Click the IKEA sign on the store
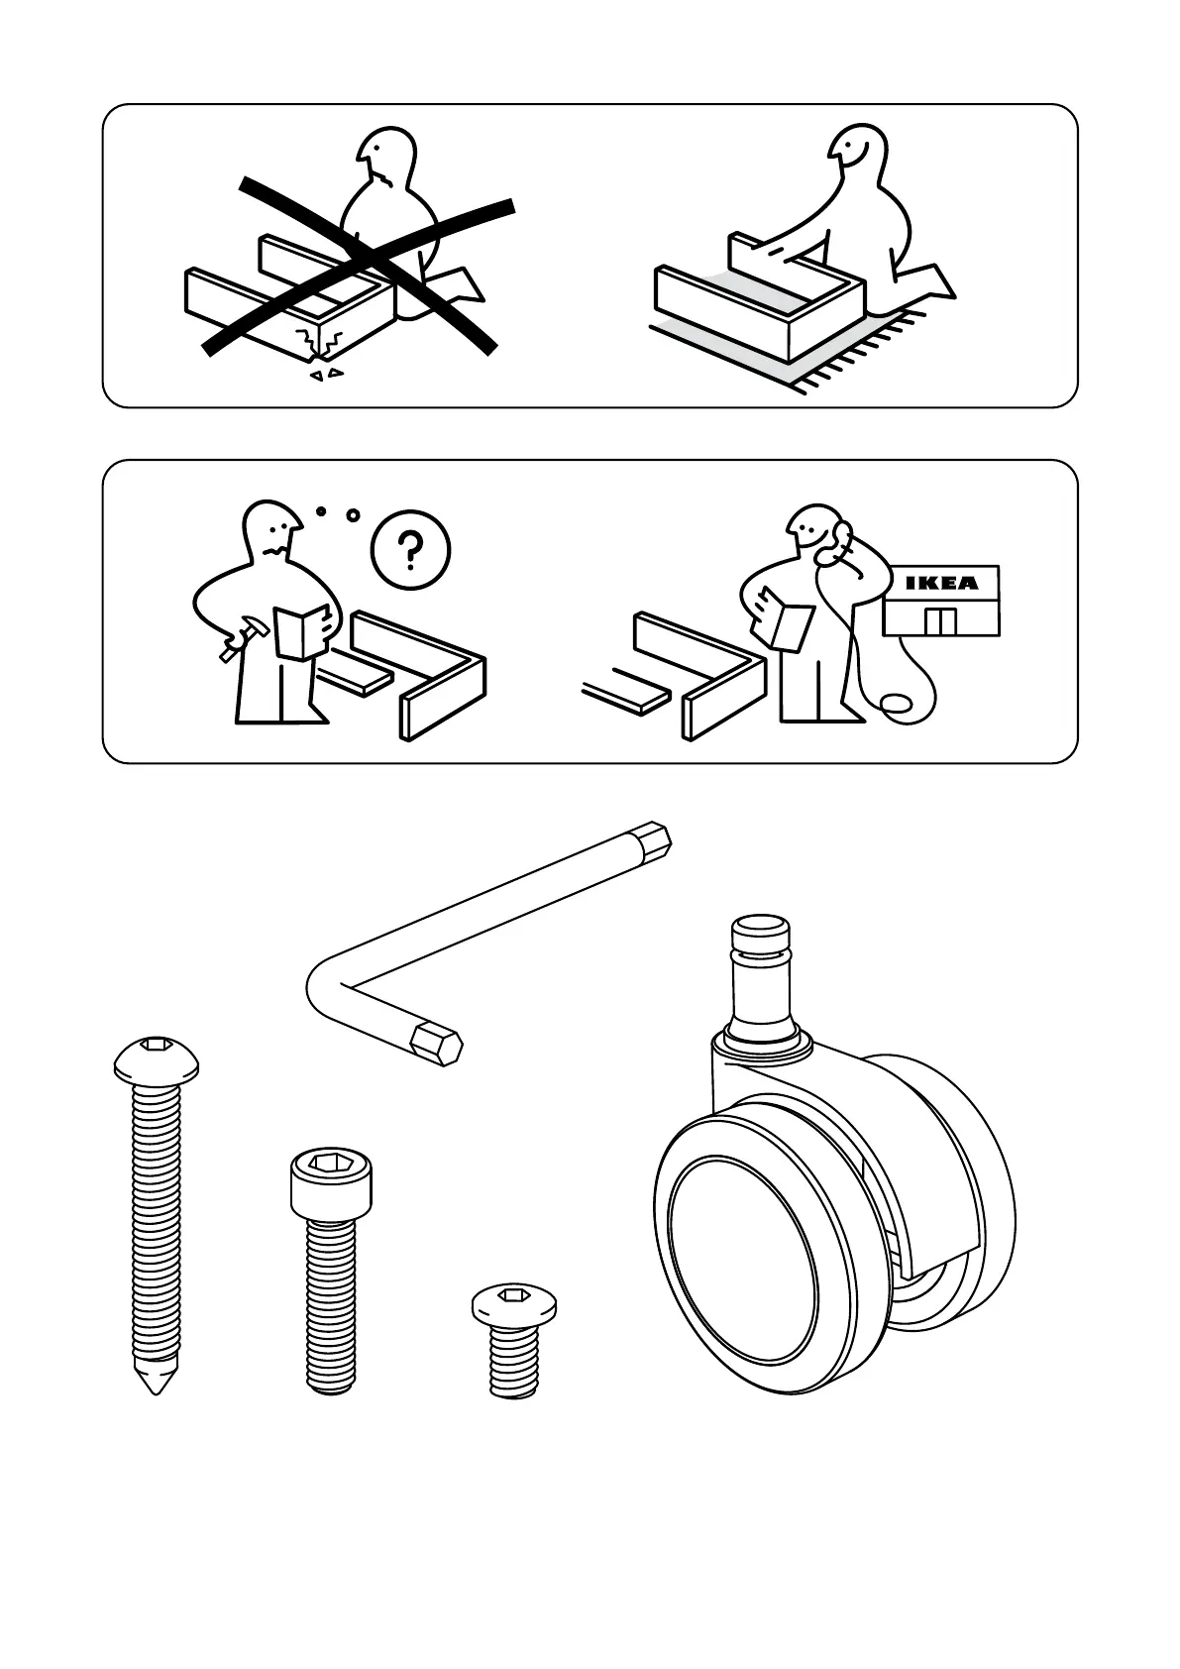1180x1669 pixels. tap(941, 582)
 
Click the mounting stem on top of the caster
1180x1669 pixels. tap(761, 976)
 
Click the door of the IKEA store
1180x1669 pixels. tap(940, 622)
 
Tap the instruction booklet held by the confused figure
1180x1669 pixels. tap(301, 630)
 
